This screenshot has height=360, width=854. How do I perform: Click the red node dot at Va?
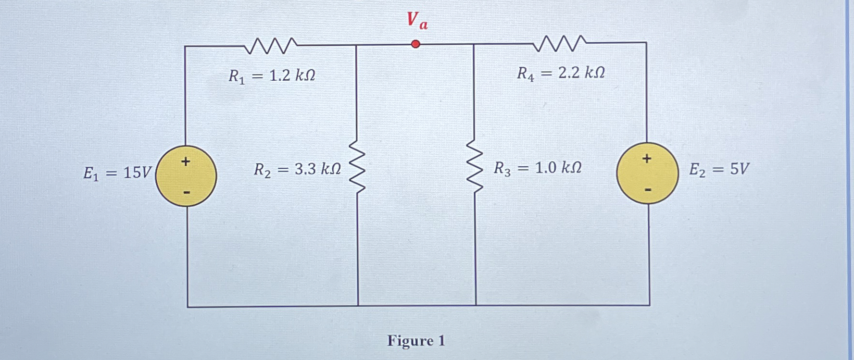click(x=416, y=44)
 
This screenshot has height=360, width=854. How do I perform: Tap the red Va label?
click(x=416, y=21)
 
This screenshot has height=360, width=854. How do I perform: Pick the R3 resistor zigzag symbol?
click(x=475, y=166)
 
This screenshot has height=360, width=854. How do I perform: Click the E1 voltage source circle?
click(x=186, y=176)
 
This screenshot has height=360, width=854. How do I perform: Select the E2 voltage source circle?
click(x=647, y=173)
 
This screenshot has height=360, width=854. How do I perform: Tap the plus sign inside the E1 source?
click(x=186, y=161)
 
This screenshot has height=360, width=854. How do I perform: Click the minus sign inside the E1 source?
click(x=187, y=193)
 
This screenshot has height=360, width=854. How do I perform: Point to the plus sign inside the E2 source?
click(x=647, y=158)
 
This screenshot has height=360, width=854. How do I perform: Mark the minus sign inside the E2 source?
click(x=648, y=190)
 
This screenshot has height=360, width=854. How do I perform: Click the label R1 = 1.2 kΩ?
click(x=272, y=76)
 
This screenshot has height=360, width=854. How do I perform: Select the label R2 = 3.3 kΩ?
click(x=297, y=169)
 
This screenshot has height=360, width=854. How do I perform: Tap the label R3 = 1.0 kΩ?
click(x=538, y=168)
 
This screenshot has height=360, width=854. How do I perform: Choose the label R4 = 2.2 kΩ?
click(x=561, y=73)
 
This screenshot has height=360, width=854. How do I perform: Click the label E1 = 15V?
click(x=117, y=173)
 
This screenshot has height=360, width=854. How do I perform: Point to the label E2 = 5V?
click(x=719, y=169)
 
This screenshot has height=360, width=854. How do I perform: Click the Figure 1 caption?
click(x=416, y=341)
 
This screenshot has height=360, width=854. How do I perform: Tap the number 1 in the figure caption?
click(x=441, y=341)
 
